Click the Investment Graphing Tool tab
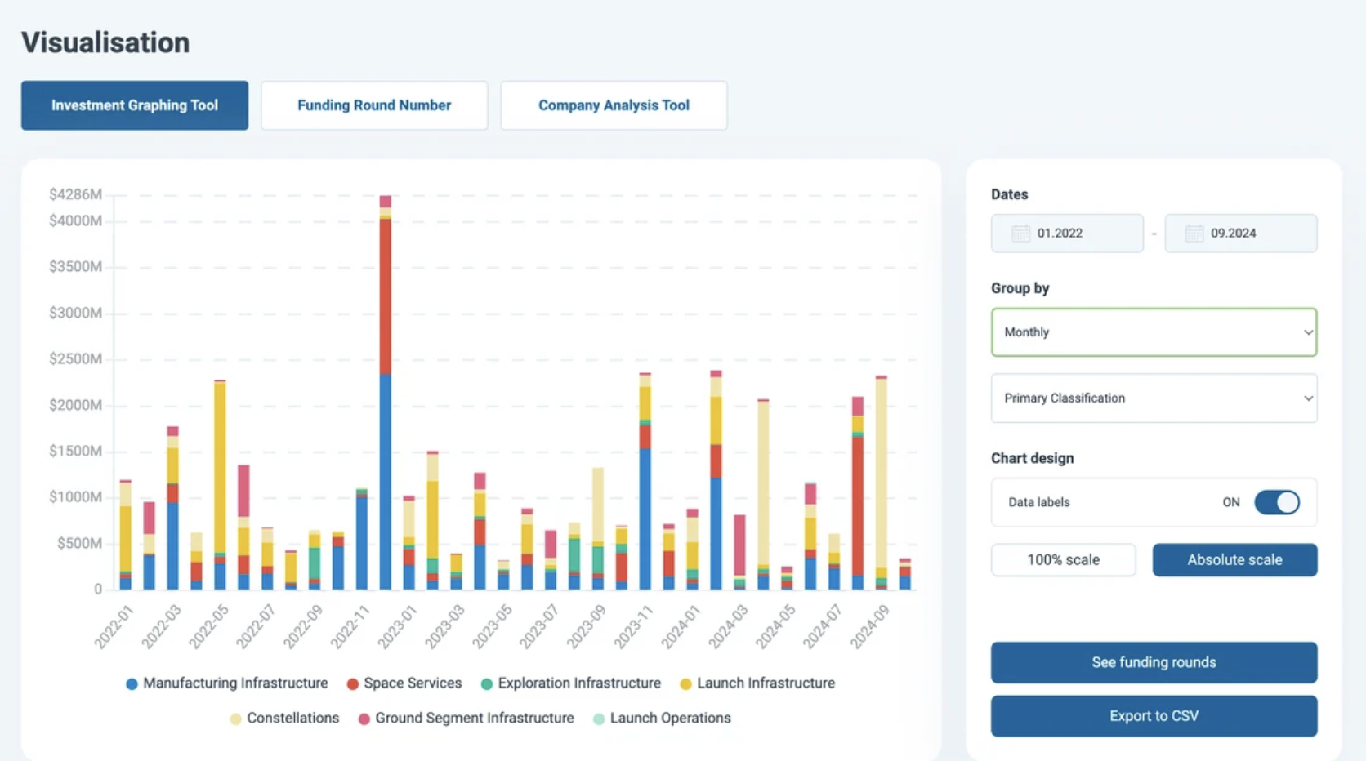pyautogui.click(x=135, y=105)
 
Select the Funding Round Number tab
pyautogui.click(x=374, y=105)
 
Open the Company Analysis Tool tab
pyautogui.click(x=614, y=105)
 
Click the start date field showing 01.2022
pyautogui.click(x=1067, y=234)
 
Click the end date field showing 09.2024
pyautogui.click(x=1241, y=234)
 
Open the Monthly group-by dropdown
pyautogui.click(x=1154, y=332)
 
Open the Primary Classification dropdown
pyautogui.click(x=1154, y=398)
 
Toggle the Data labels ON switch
pyautogui.click(x=1277, y=503)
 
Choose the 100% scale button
pyautogui.click(x=1064, y=560)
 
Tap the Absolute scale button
pyautogui.click(x=1235, y=560)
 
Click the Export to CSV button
pyautogui.click(x=1154, y=716)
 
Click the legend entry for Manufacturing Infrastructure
pyautogui.click(x=227, y=683)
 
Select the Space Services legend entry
pyautogui.click(x=404, y=683)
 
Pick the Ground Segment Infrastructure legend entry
pyautogui.click(x=466, y=719)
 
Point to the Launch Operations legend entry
pyautogui.click(x=663, y=719)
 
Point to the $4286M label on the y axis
pyautogui.click(x=76, y=194)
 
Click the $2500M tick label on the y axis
pyautogui.click(x=76, y=359)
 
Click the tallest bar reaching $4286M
pyautogui.click(x=386, y=393)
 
